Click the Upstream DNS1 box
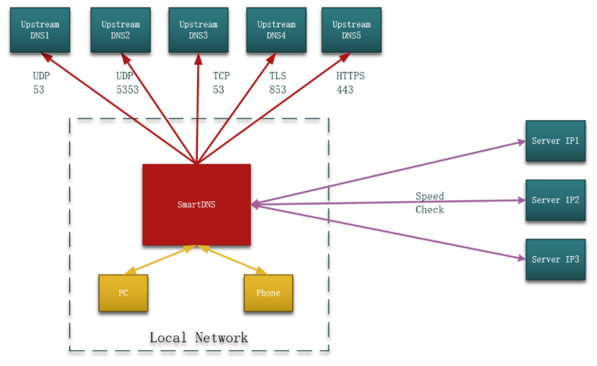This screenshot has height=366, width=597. pyautogui.click(x=40, y=30)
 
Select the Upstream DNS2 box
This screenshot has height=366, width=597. pyautogui.click(x=121, y=30)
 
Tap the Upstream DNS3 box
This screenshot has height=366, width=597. pyautogui.click(x=199, y=30)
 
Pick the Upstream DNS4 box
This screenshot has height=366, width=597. pyautogui.click(x=276, y=30)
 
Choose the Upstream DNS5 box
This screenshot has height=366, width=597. pyautogui.click(x=352, y=30)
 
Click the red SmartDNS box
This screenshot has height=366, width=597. pyautogui.click(x=196, y=205)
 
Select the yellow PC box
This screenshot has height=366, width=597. pyautogui.click(x=124, y=293)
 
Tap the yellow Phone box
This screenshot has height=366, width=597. pyautogui.click(x=268, y=293)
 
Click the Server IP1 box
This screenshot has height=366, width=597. pyautogui.click(x=555, y=141)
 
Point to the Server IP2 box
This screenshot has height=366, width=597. pyautogui.click(x=555, y=200)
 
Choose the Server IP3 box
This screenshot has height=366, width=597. pyautogui.click(x=555, y=260)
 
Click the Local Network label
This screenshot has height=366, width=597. pyautogui.click(x=199, y=337)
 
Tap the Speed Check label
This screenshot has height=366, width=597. pyautogui.click(x=430, y=203)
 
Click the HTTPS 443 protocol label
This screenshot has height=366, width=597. pyautogui.click(x=350, y=83)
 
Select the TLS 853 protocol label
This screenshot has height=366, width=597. pyautogui.click(x=278, y=83)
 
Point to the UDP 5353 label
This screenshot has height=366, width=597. pyautogui.click(x=127, y=83)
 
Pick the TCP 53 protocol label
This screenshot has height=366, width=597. pyautogui.click(x=222, y=83)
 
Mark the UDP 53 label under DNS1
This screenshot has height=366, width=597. pyautogui.click(x=41, y=83)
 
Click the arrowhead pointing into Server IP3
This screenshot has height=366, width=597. pyautogui.click(x=521, y=258)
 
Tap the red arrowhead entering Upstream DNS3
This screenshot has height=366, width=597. pyautogui.click(x=199, y=58)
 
